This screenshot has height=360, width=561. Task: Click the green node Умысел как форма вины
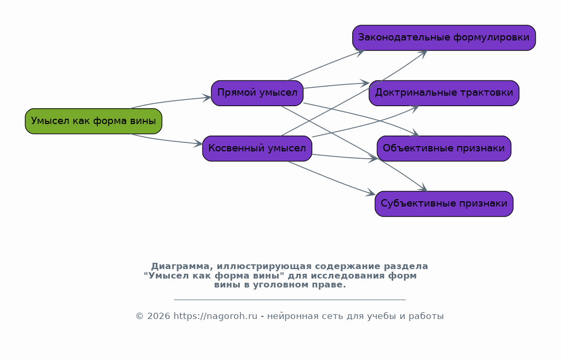[94, 121]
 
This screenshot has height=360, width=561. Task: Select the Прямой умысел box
[257, 93]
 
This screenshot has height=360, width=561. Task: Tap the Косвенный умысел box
[257, 148]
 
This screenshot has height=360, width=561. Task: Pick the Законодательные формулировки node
[444, 37]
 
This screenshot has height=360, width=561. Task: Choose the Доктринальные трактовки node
[444, 93]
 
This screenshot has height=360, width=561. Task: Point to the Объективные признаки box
[444, 148]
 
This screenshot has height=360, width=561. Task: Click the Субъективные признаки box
[444, 204]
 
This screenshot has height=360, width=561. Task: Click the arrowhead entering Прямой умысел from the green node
[207, 98]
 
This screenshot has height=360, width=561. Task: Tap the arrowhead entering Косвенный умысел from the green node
[198, 143]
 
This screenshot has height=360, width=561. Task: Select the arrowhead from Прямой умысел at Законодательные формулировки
[360, 53]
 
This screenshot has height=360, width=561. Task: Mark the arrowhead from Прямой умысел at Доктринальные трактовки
[364, 83]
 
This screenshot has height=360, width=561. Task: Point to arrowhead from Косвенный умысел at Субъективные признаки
[371, 193]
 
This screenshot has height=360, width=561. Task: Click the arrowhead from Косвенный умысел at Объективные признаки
[373, 159]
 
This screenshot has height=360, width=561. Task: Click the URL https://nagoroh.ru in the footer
[216, 316]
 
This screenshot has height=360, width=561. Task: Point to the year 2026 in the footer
[158, 316]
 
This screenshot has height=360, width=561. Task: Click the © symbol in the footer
[139, 316]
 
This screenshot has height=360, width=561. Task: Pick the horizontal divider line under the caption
[290, 299]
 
